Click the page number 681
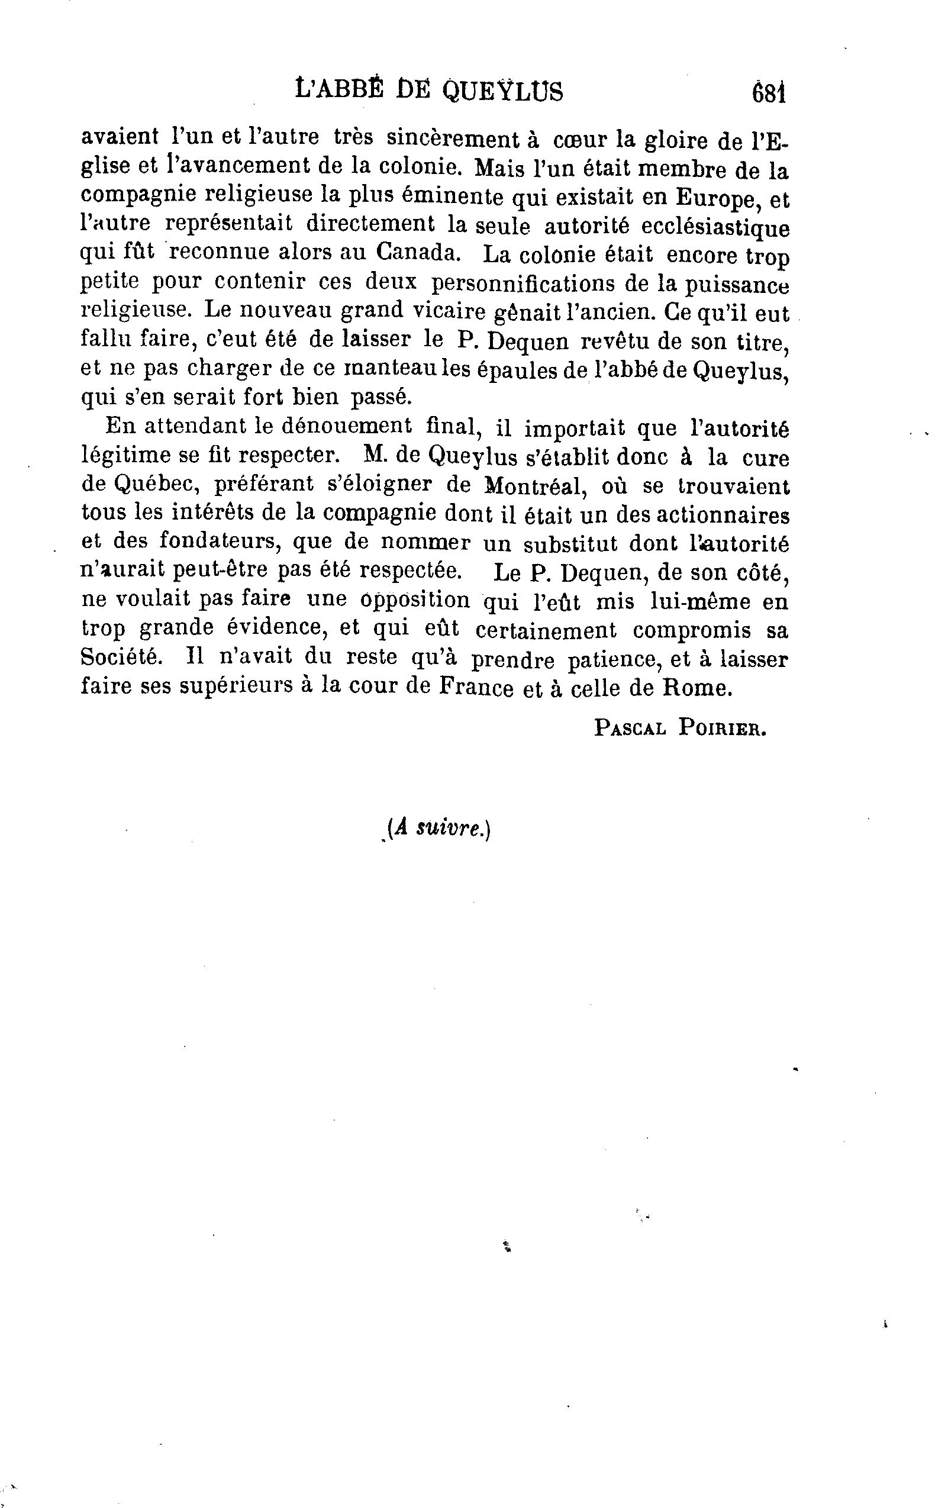point(768,94)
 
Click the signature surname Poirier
point(722,728)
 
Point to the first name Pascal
point(629,728)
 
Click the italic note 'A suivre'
point(438,829)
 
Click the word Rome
point(697,688)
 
